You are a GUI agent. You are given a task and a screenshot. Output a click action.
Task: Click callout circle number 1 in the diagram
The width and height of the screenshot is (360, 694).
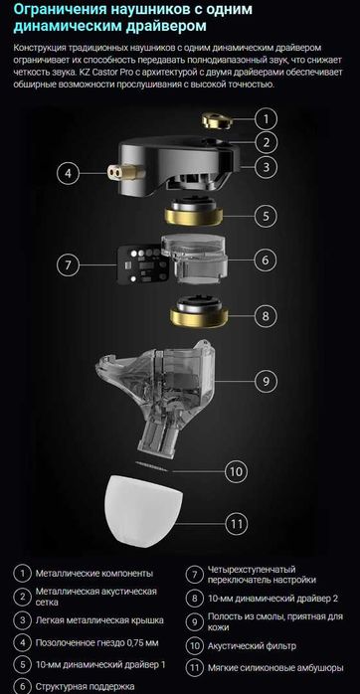point(266,118)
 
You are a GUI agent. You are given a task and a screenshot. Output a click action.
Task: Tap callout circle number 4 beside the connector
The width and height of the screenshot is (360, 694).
point(68,173)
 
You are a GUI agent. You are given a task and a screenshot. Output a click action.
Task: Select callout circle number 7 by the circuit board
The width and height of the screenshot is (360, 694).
point(68,265)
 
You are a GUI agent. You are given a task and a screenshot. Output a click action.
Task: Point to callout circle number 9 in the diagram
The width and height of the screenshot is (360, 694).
point(266,381)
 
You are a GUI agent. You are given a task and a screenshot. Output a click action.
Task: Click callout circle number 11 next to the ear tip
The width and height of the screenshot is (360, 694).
point(237,525)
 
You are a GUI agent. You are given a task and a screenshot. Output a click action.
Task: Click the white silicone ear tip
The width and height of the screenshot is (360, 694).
point(143,515)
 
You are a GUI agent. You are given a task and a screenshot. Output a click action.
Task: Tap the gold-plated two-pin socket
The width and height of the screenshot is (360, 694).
point(126,171)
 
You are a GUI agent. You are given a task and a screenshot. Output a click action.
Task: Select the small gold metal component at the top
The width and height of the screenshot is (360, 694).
point(218,120)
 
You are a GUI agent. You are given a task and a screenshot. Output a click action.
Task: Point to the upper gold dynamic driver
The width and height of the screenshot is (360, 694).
point(194,212)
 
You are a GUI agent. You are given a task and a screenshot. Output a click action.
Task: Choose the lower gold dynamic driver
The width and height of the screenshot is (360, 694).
point(199,312)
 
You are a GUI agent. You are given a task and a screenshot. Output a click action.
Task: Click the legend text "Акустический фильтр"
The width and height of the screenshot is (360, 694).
point(252,645)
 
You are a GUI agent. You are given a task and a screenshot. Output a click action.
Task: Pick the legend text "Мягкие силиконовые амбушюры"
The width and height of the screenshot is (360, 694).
point(275,668)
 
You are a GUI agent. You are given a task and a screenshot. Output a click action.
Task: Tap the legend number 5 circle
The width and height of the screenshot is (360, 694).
point(22,664)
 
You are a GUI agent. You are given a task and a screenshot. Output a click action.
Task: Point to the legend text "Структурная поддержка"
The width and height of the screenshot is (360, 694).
point(85,686)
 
